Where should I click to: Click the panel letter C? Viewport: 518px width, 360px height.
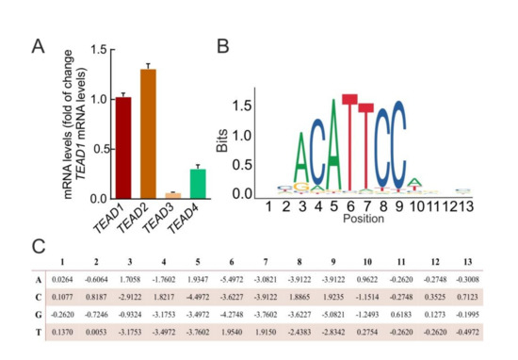point(38,247)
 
